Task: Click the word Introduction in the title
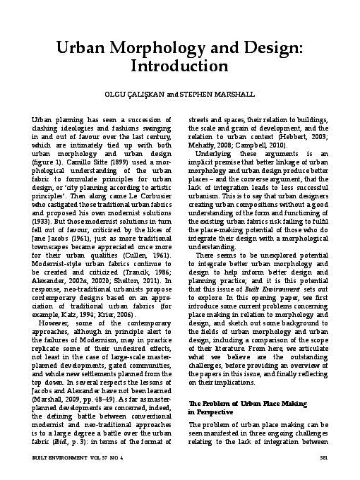179,66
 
